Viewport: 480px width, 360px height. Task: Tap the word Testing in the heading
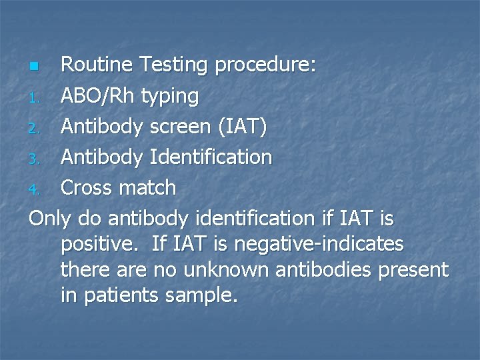coord(177,65)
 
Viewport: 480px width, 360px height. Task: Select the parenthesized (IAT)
coord(243,127)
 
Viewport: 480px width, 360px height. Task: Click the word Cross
coord(87,188)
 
